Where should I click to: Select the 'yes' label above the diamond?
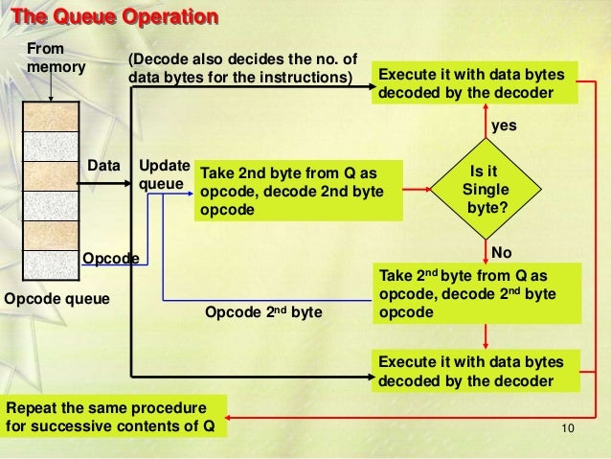click(504, 126)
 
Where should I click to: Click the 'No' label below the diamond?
click(502, 251)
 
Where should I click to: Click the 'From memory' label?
click(56, 57)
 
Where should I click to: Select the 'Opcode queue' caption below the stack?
click(57, 299)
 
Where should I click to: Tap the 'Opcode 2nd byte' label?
click(264, 312)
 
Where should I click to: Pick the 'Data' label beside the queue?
click(104, 165)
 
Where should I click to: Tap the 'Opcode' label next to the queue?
click(110, 259)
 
